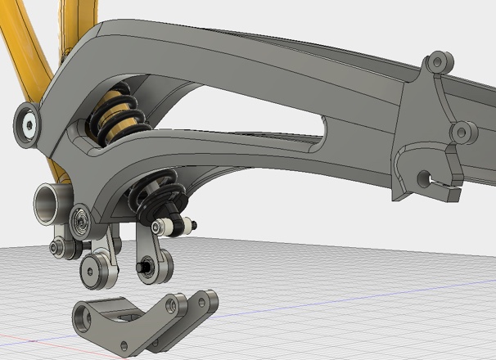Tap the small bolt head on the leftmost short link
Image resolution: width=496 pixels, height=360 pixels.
pyautogui.click(x=57, y=247)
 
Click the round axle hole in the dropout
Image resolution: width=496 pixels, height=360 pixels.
pyautogui.click(x=423, y=177)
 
